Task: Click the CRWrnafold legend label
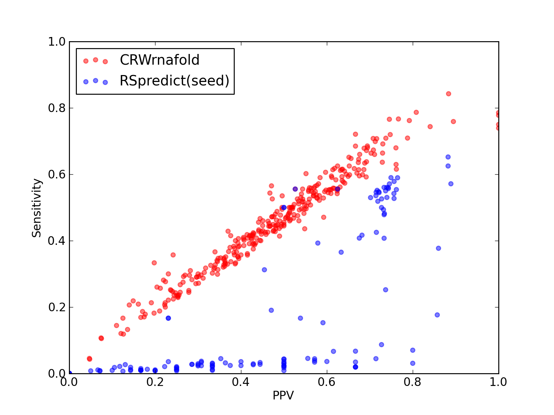pyautogui.click(x=160, y=60)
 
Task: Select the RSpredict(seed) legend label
pyautogui.click(x=175, y=81)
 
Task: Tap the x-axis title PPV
pyautogui.click(x=283, y=395)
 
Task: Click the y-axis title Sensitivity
pyautogui.click(x=37, y=208)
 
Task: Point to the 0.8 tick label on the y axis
pyautogui.click(x=57, y=108)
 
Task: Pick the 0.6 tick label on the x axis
pyautogui.click(x=327, y=382)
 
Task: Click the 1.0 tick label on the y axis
pyautogui.click(x=57, y=41)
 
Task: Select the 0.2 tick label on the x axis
pyautogui.click(x=155, y=382)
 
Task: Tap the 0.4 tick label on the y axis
pyautogui.click(x=57, y=241)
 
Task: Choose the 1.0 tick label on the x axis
pyautogui.click(x=498, y=382)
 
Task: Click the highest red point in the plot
pyautogui.click(x=448, y=94)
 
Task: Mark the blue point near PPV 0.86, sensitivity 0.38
pyautogui.click(x=438, y=248)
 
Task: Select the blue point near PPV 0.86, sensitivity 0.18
pyautogui.click(x=437, y=315)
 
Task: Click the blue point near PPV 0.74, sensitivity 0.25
pyautogui.click(x=386, y=290)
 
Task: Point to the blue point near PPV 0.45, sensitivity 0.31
pyautogui.click(x=264, y=270)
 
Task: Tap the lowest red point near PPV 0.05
pyautogui.click(x=89, y=359)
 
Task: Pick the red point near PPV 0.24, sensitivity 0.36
pyautogui.click(x=173, y=255)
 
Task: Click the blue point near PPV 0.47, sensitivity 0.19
pyautogui.click(x=271, y=310)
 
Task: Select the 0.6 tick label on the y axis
pyautogui.click(x=57, y=174)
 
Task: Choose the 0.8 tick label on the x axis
pyautogui.click(x=412, y=382)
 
